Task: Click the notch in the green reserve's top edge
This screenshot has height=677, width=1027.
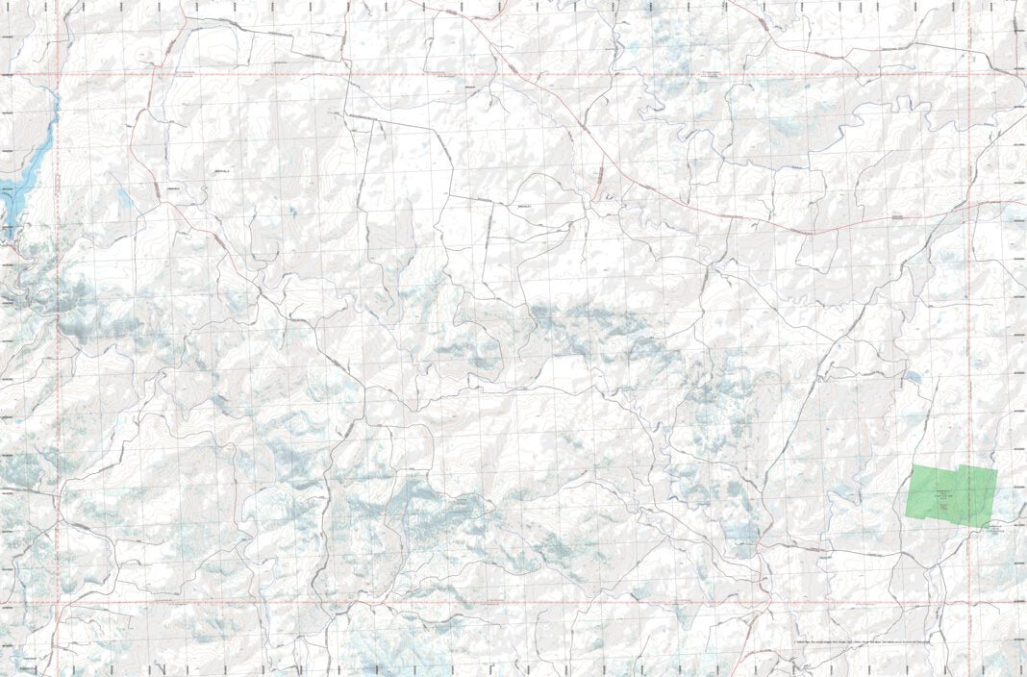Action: click(960, 466)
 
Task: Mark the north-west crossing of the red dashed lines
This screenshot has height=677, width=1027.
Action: click(58, 74)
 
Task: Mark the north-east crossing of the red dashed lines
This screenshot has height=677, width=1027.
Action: click(969, 74)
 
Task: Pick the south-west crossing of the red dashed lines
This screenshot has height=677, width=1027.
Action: click(58, 604)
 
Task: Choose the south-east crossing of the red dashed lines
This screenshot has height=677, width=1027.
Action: click(969, 604)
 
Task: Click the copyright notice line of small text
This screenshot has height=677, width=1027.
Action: click(863, 640)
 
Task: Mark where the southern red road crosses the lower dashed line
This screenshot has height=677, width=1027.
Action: click(766, 604)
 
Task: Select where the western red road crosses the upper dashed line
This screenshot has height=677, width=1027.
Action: click(154, 74)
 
